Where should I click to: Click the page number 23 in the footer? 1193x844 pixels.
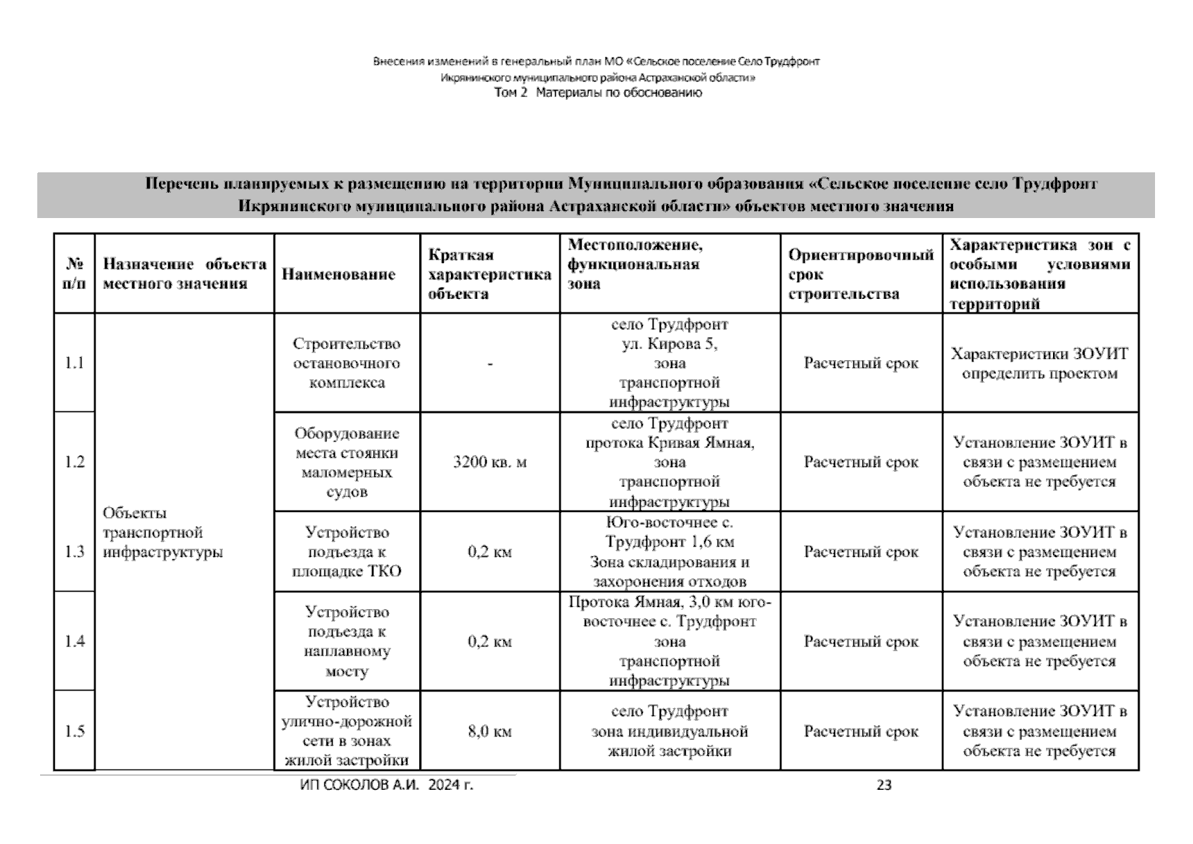click(x=884, y=785)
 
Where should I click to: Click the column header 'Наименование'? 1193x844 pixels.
click(x=338, y=274)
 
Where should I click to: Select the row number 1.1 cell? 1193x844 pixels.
click(x=75, y=363)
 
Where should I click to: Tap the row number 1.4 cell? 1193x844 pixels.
click(x=75, y=641)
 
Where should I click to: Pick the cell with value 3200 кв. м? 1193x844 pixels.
click(x=490, y=462)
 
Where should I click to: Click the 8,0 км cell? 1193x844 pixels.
click(x=490, y=731)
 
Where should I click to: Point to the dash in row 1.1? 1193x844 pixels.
click(x=490, y=364)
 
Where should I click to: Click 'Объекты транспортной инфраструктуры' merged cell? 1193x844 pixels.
click(x=163, y=532)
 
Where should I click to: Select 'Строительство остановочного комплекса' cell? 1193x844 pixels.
click(x=347, y=363)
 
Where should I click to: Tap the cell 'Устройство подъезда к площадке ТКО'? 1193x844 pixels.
click(x=347, y=551)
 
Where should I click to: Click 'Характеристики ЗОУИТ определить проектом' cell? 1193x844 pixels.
click(x=1040, y=363)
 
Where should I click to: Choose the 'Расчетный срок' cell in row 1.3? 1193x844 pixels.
click(x=861, y=552)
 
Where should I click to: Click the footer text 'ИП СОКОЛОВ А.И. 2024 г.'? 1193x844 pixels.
click(x=386, y=785)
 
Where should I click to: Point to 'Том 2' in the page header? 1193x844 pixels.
click(x=511, y=93)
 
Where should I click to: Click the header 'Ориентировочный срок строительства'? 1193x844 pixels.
click(x=861, y=274)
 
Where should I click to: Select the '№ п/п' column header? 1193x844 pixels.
click(x=75, y=274)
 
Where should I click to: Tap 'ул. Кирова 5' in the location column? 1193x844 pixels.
click(x=670, y=344)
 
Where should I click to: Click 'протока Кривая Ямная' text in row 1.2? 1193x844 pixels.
click(x=670, y=443)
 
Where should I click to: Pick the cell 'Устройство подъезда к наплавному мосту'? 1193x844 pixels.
click(x=347, y=641)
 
